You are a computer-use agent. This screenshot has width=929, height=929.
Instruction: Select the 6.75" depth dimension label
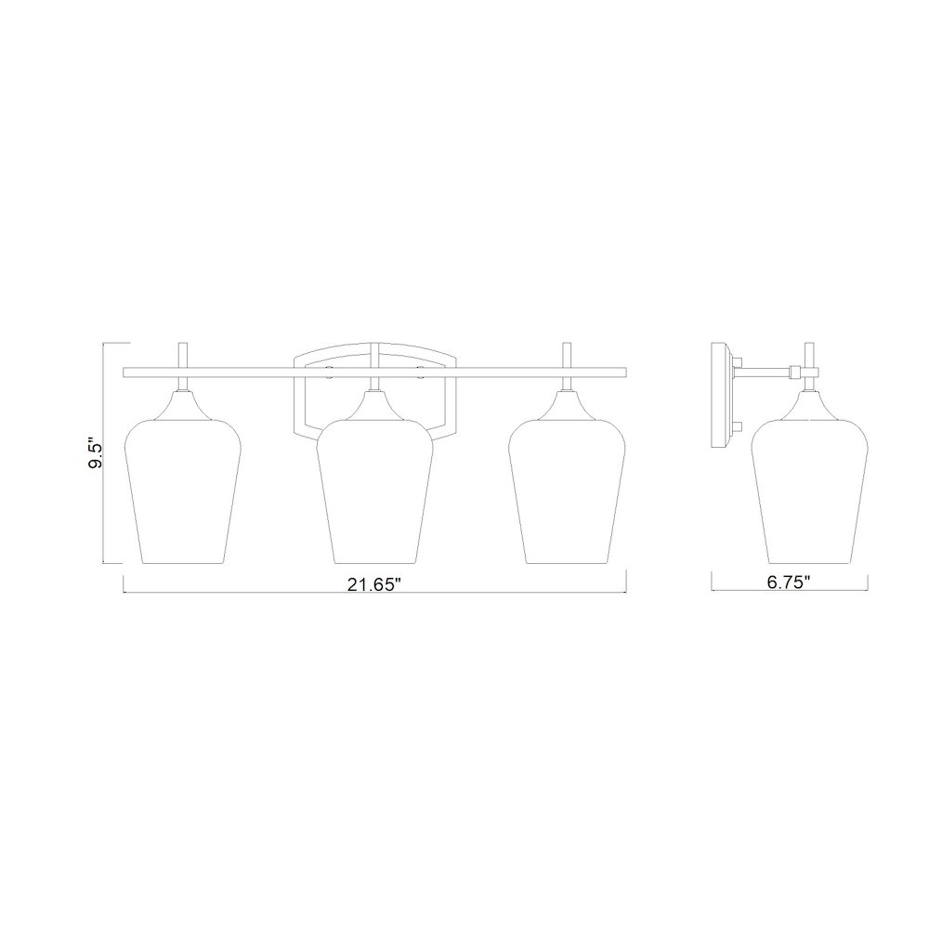coord(790,582)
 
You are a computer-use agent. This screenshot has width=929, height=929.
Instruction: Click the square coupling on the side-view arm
coord(793,373)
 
